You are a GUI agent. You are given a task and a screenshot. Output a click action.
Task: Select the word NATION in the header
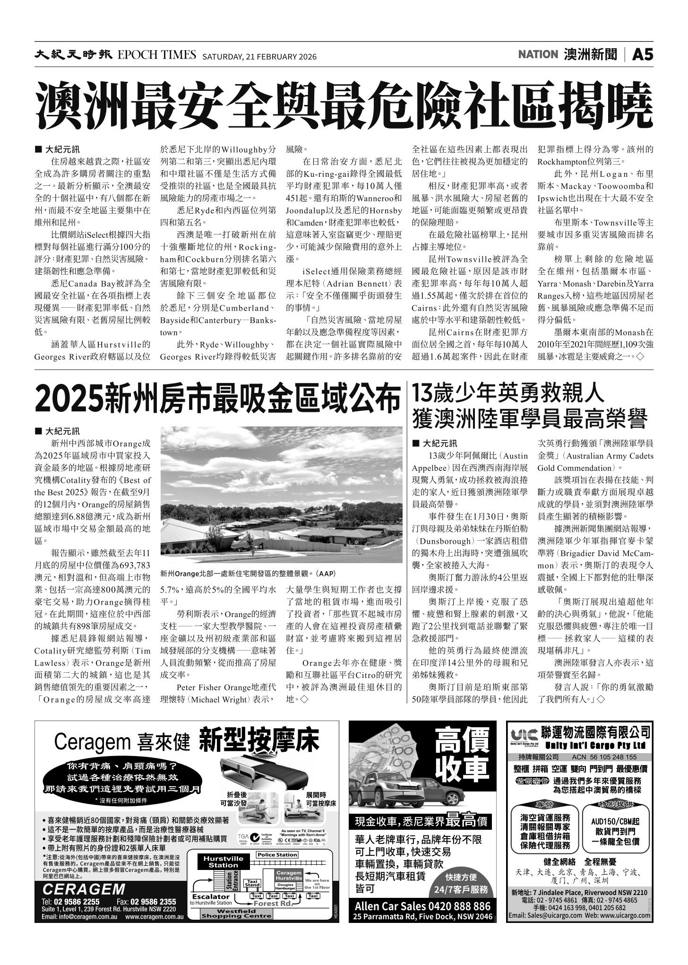click(x=538, y=55)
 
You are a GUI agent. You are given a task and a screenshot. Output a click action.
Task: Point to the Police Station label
click(x=277, y=854)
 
